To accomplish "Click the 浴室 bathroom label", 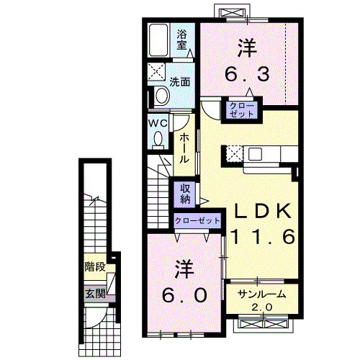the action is (181, 40).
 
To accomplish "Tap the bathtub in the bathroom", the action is (158, 40).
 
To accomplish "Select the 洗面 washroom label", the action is (180, 82).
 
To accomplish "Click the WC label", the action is (158, 124).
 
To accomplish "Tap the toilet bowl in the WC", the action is (158, 140).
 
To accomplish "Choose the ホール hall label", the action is (184, 149).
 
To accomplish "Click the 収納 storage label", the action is (185, 194).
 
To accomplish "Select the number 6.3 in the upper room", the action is (247, 73).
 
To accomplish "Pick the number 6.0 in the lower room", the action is (184, 295).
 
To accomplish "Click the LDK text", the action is (263, 211).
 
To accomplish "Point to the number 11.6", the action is (263, 236).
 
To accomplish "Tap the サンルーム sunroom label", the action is (262, 294).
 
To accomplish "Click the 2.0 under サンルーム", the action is (262, 307).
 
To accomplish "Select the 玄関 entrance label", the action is (96, 294).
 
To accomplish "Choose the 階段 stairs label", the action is (95, 266).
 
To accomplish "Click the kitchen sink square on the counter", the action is (255, 154).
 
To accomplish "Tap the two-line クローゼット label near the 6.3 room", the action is (241, 110).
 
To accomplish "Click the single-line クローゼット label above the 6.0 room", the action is (197, 220).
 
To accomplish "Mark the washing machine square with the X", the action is (156, 71).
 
